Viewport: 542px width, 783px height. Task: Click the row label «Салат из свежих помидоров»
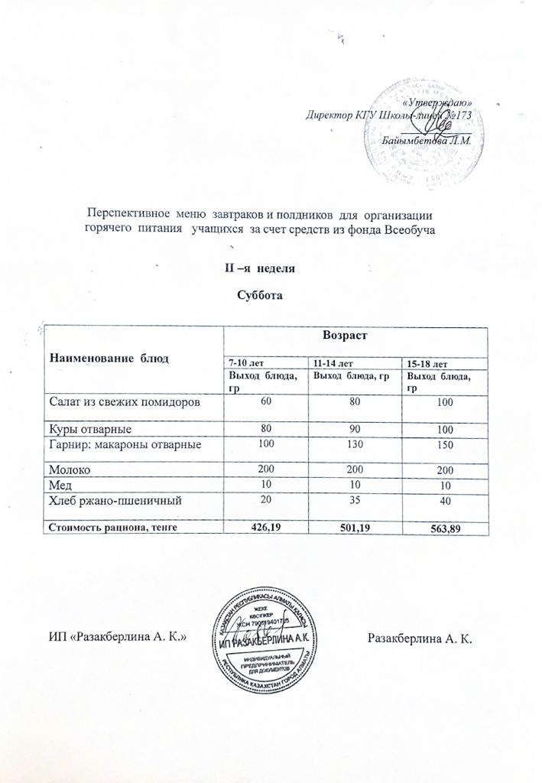tap(125, 401)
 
